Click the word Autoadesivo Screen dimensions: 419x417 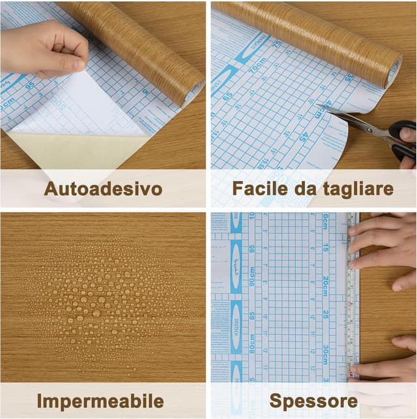click(103, 189)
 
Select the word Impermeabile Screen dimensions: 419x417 click(100, 400)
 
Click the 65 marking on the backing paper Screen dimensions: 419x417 click(227, 95)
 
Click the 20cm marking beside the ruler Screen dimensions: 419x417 click(325, 287)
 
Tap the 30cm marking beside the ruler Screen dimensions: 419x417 click(325, 356)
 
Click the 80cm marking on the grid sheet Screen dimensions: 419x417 click(252, 343)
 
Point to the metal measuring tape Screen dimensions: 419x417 click(352, 294)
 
